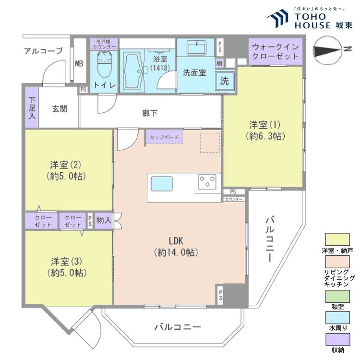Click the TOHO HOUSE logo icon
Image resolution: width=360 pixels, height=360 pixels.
pos(277,20)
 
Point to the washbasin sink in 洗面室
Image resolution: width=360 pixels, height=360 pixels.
pos(195,48)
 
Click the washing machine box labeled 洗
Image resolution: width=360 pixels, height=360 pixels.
pos(225,80)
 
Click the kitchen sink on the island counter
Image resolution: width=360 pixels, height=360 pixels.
pos(162,183)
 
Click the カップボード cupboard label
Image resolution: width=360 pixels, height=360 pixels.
pos(164,137)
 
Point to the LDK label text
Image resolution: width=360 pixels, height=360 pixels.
pos(173,241)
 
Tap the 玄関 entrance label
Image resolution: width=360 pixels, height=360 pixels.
pos(60,108)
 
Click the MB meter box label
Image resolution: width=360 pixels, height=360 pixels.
pos(78,64)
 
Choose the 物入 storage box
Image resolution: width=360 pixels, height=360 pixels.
pos(103,220)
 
